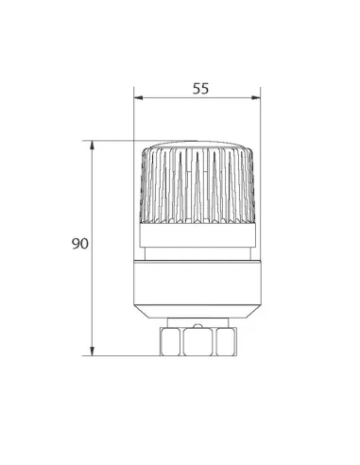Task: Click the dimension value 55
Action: pyautogui.click(x=200, y=89)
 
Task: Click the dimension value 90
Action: pyautogui.click(x=80, y=244)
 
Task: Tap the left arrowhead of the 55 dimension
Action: pyautogui.click(x=138, y=98)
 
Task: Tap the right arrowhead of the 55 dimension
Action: pyautogui.click(x=256, y=98)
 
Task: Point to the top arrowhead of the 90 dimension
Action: pyautogui.click(x=92, y=146)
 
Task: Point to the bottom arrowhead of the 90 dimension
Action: pyautogui.click(x=92, y=352)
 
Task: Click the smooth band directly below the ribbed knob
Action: pyautogui.click(x=197, y=235)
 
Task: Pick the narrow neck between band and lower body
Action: pyautogui.click(x=197, y=253)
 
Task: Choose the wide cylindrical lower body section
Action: pyautogui.click(x=197, y=283)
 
